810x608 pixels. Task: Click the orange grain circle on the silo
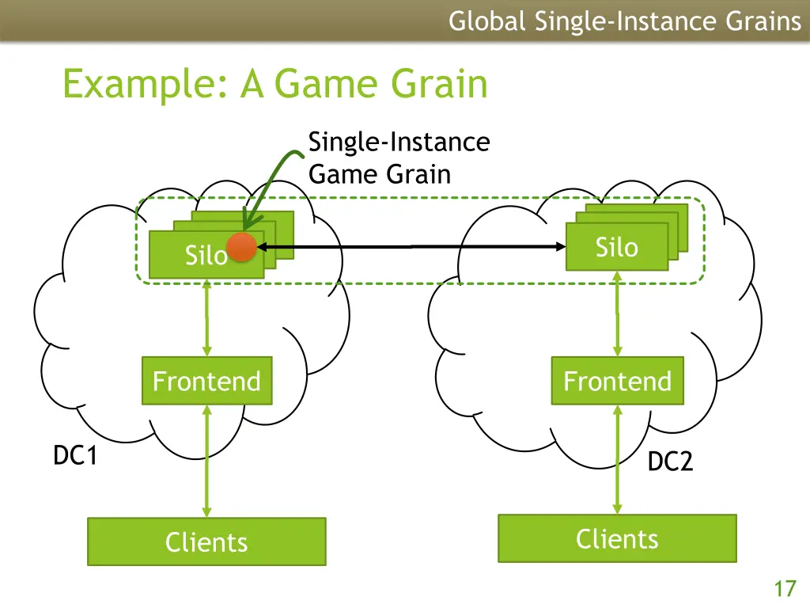pyautogui.click(x=241, y=247)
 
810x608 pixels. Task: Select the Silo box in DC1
pyautogui.click(x=206, y=254)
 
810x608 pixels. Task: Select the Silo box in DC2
pyautogui.click(x=617, y=247)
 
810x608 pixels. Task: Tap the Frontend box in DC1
pyautogui.click(x=207, y=381)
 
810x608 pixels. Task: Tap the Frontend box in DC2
pyautogui.click(x=617, y=381)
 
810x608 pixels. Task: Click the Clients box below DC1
pyautogui.click(x=206, y=541)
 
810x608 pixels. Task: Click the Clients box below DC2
pyautogui.click(x=617, y=538)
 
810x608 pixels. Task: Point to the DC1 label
pyautogui.click(x=75, y=455)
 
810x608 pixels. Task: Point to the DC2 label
pyautogui.click(x=670, y=462)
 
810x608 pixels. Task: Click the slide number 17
pyautogui.click(x=785, y=589)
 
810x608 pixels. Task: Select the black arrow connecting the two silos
pyautogui.click(x=411, y=247)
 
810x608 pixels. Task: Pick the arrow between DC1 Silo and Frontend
pyautogui.click(x=207, y=317)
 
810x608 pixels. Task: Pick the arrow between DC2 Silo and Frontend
pyautogui.click(x=617, y=313)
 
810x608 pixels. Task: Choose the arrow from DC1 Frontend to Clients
pyautogui.click(x=207, y=462)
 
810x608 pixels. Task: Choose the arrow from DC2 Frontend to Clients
pyautogui.click(x=617, y=459)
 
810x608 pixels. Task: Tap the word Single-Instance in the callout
pyautogui.click(x=399, y=142)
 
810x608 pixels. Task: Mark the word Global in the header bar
pyautogui.click(x=487, y=21)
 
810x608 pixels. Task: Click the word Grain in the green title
pyautogui.click(x=439, y=84)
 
